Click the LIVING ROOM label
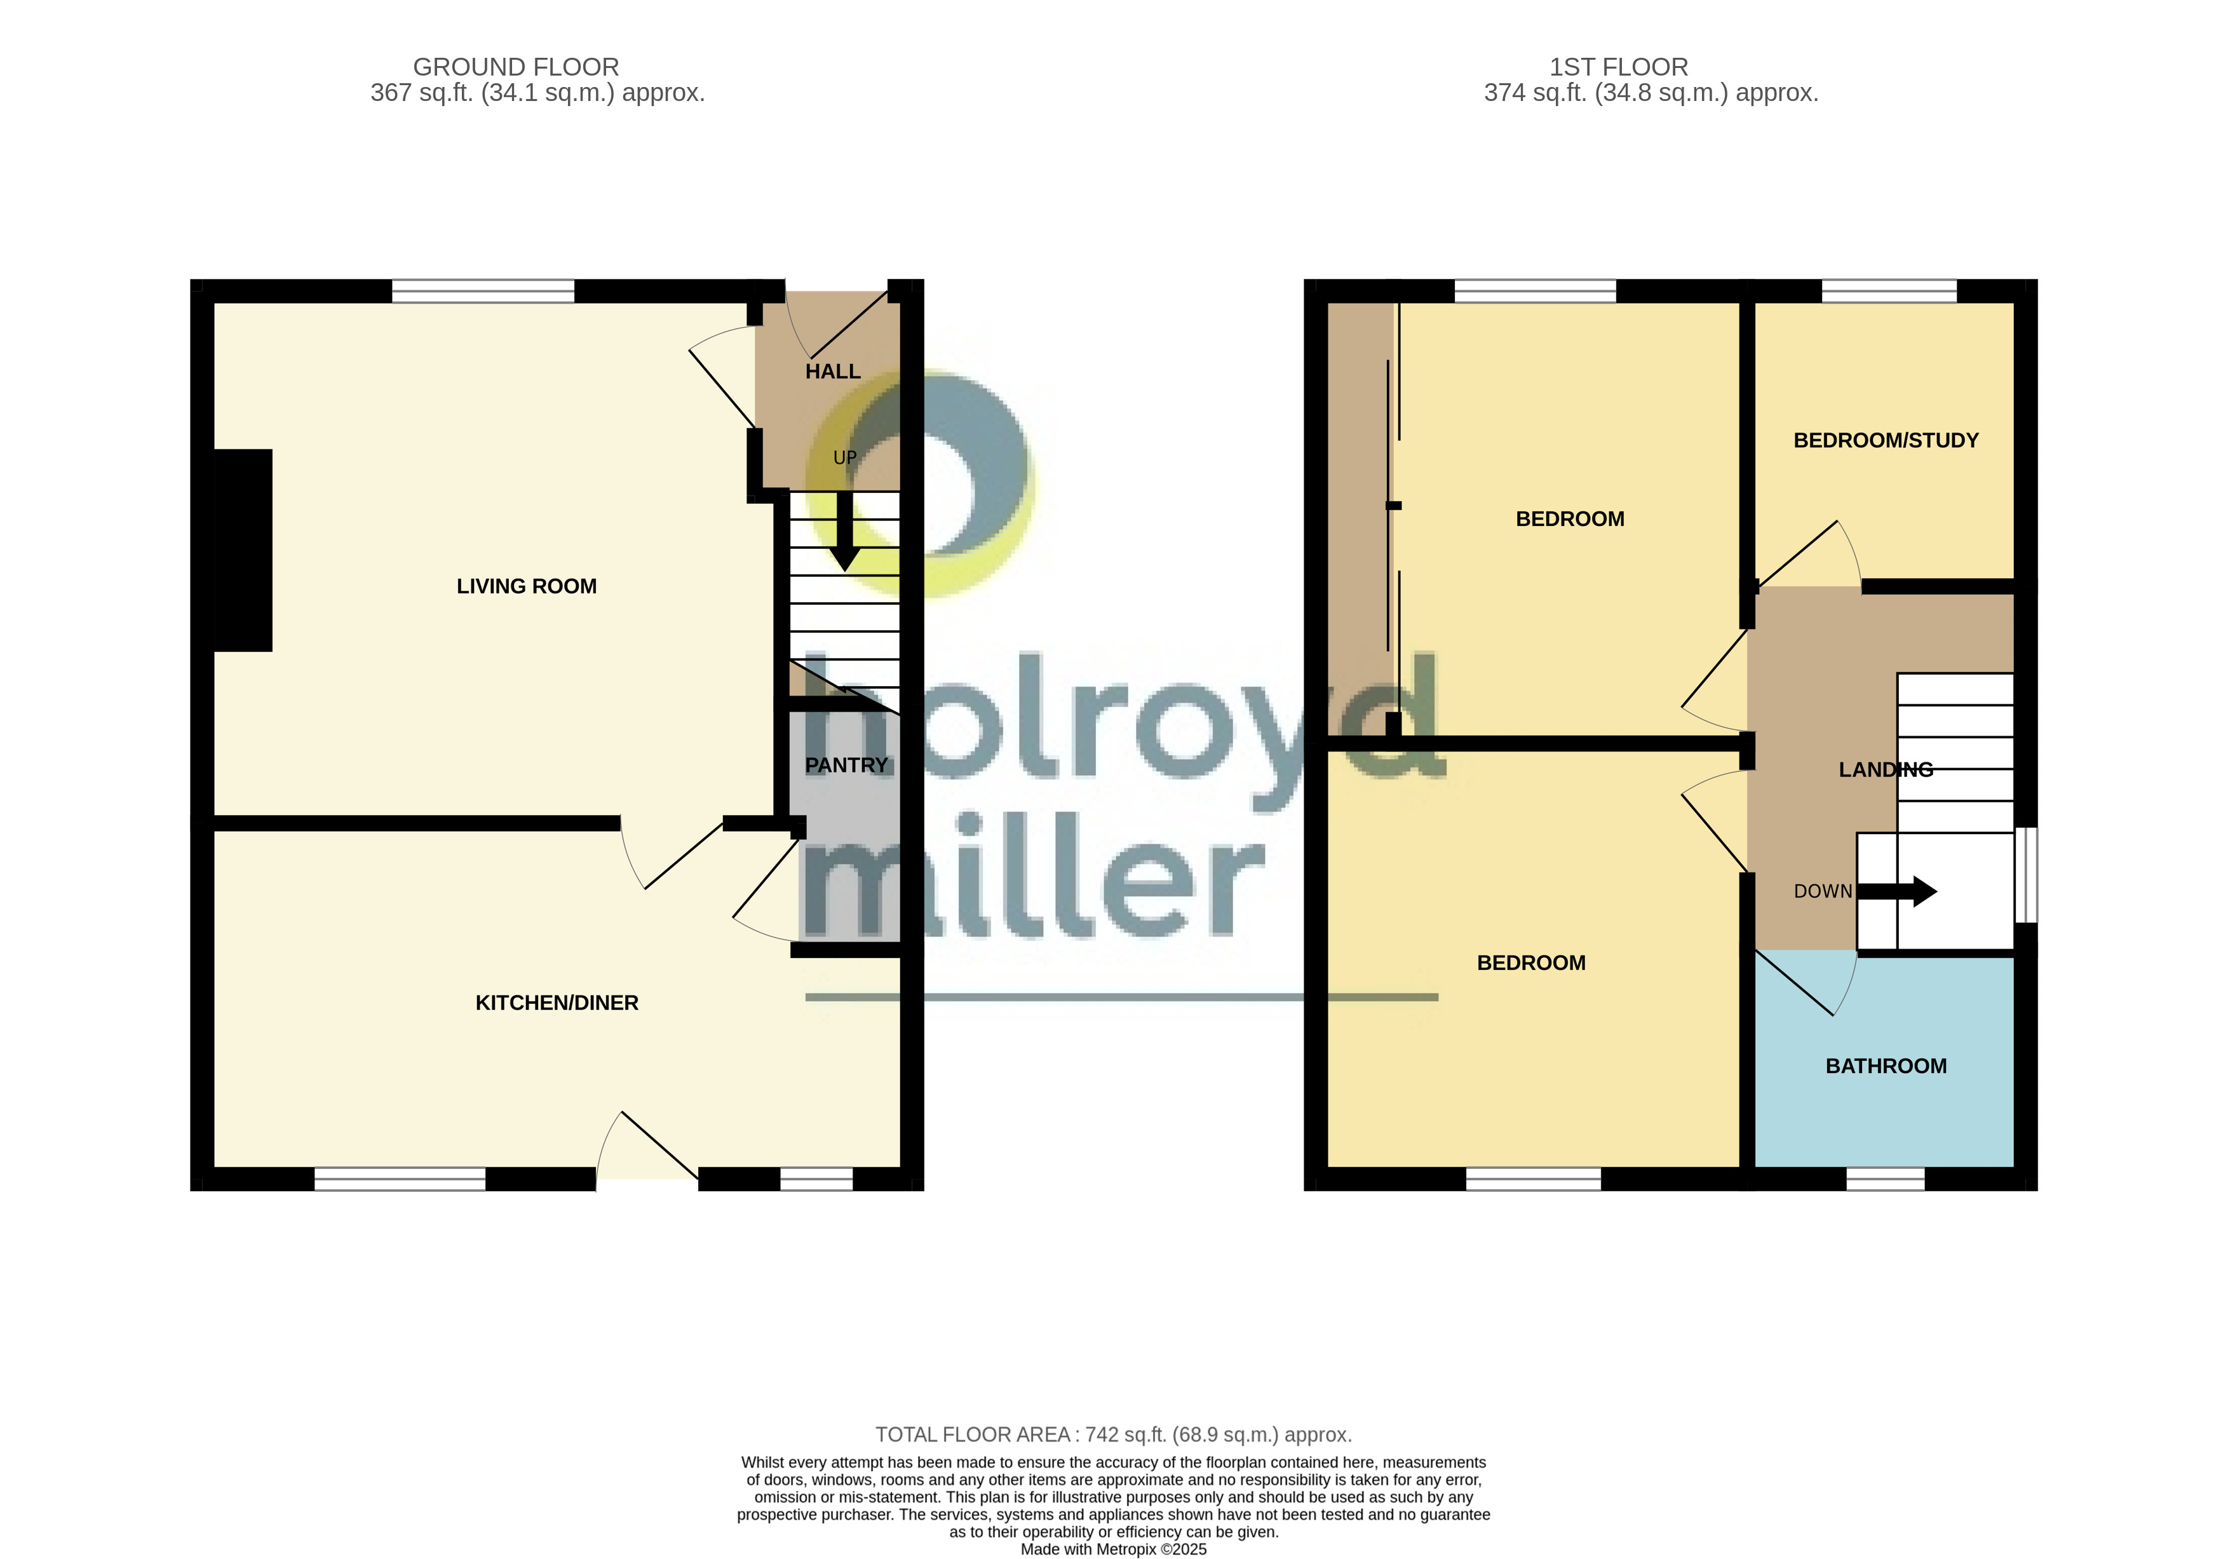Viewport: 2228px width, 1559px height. point(526,586)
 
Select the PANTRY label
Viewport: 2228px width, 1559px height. point(846,766)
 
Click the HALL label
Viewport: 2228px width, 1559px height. point(833,372)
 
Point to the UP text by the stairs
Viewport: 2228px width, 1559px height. point(844,457)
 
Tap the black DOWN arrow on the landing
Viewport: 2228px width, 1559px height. point(1897,891)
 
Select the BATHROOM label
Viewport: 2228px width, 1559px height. point(1886,1066)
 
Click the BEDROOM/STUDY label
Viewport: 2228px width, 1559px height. point(1886,440)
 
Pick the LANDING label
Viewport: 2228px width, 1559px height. point(1886,769)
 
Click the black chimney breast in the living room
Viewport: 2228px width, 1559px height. point(243,550)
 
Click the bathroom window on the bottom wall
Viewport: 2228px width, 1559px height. point(1884,1178)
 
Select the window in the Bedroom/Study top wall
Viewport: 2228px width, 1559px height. point(1888,291)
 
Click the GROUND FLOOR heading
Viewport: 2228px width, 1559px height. point(515,67)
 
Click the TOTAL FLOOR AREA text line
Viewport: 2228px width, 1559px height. point(1113,1434)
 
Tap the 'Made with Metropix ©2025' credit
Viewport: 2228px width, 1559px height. point(1113,1549)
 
